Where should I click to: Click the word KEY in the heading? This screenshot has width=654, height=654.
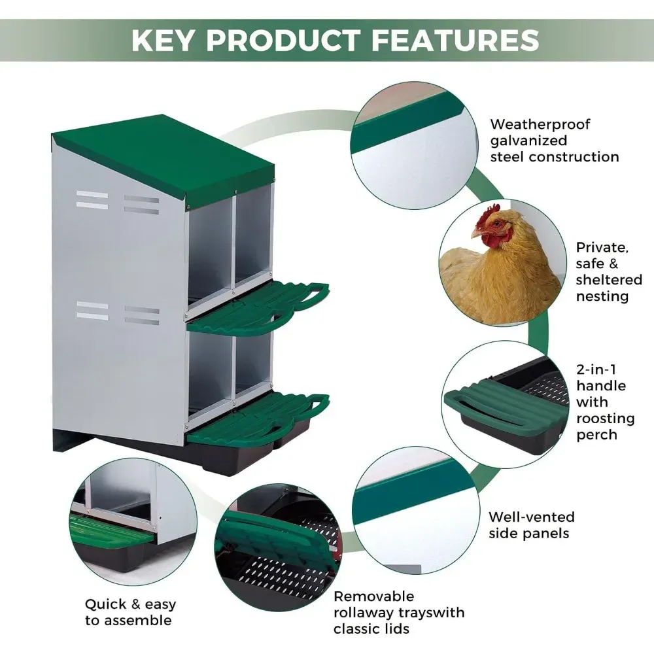[x=163, y=41]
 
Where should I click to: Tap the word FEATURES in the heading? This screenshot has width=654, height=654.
[x=455, y=41]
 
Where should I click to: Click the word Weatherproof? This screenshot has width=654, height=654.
[x=540, y=125]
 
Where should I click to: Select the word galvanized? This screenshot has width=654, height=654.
[x=528, y=141]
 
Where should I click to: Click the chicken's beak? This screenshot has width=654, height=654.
[x=476, y=233]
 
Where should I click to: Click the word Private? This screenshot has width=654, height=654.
[x=602, y=248]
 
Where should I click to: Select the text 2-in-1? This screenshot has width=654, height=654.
[x=596, y=370]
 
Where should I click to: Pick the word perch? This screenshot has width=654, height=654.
[x=597, y=435]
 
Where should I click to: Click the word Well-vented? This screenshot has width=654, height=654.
[x=532, y=517]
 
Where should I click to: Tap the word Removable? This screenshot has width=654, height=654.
[x=374, y=596]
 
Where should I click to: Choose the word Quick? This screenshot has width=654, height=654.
[x=105, y=604]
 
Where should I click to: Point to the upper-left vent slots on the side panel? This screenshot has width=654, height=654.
[x=92, y=200]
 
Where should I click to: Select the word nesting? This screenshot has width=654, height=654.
[x=602, y=297]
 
